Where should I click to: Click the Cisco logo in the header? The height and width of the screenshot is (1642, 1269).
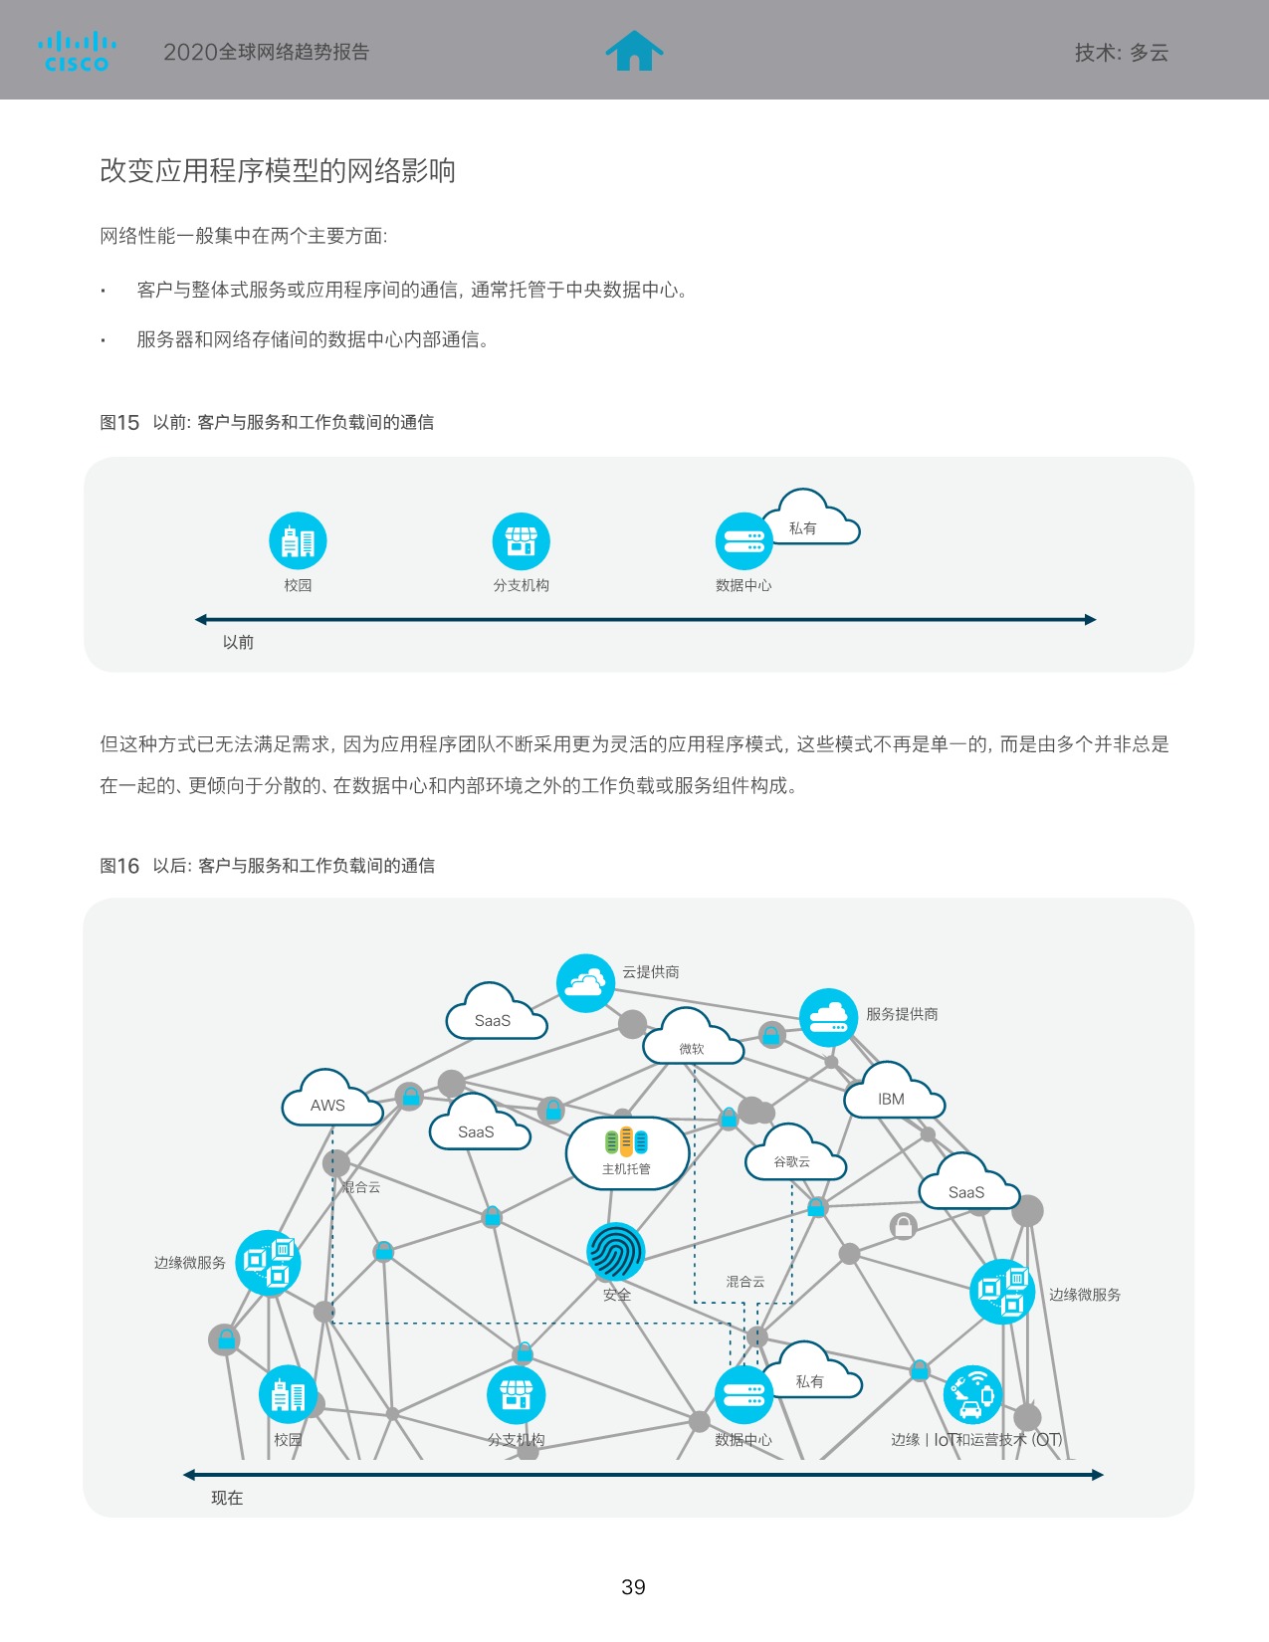point(77,52)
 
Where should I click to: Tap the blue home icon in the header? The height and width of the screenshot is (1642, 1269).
point(634,51)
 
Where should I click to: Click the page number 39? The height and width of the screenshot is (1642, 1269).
point(633,1587)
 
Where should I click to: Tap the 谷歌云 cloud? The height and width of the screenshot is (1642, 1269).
point(793,1157)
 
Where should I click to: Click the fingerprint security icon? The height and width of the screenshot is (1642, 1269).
point(615,1252)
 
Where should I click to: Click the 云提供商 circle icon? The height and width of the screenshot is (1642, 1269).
point(585,983)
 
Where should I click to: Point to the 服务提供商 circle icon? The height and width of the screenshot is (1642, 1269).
point(828,1017)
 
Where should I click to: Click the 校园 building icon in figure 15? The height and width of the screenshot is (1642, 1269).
point(298,541)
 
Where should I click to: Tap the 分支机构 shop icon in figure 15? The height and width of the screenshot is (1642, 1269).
point(521,541)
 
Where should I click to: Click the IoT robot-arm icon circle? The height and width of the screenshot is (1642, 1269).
point(971,1395)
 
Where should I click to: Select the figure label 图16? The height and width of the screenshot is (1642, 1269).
point(119,866)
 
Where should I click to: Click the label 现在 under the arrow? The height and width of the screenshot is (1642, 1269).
point(227,1498)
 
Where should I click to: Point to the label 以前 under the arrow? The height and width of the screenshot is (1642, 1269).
point(238,642)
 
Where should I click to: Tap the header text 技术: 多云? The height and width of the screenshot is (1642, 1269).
point(1121,53)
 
